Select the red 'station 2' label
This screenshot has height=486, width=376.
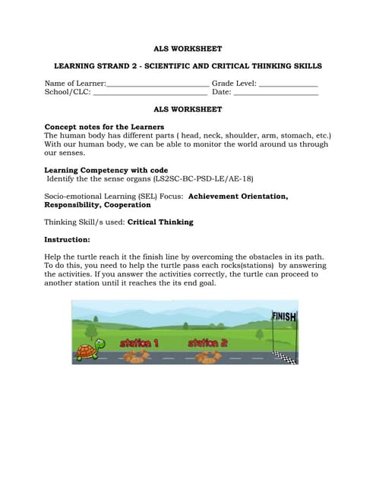(x=207, y=343)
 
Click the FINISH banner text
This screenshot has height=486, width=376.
(x=284, y=317)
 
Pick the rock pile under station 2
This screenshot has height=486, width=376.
(x=207, y=357)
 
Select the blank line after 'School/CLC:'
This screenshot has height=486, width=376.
(x=150, y=93)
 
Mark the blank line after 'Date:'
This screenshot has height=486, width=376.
(x=276, y=93)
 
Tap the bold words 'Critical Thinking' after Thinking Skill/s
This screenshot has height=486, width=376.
(x=160, y=222)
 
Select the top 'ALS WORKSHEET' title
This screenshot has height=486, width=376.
(x=188, y=49)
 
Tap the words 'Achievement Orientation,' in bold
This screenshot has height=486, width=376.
(x=238, y=196)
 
